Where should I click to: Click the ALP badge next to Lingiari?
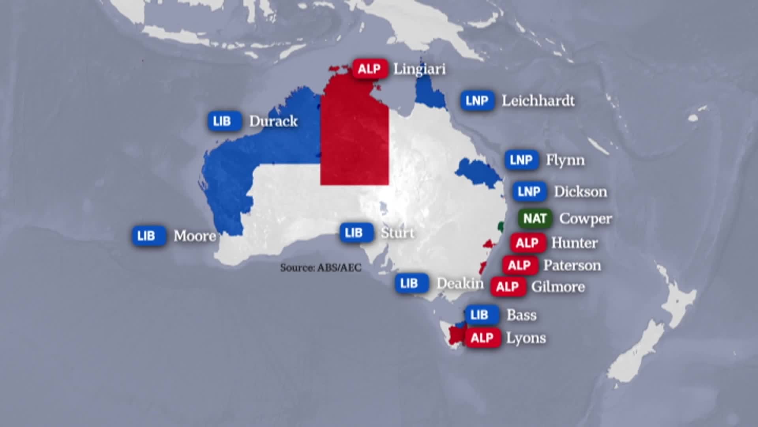coord(370,69)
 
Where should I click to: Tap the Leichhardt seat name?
coord(538,101)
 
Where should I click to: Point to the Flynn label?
coord(565,160)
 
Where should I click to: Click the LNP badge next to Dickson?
coord(529,192)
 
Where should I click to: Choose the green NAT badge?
coord(535,218)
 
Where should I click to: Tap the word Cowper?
coord(585,219)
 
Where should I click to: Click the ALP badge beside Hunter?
coord(527,243)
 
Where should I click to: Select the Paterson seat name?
coord(572,265)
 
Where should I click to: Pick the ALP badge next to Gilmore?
coord(508,287)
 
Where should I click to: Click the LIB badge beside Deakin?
coord(411,283)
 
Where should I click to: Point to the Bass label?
coord(522,315)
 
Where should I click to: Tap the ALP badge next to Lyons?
coord(482,338)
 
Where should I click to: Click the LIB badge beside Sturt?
coord(356,232)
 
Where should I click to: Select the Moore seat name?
coord(195,236)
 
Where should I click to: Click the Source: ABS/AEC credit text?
coord(321,268)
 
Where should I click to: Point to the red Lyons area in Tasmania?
coord(456,335)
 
